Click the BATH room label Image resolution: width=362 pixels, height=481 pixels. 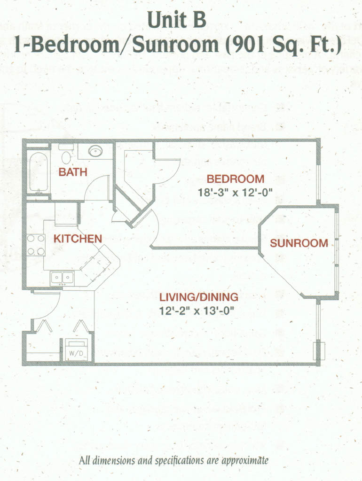(x=73, y=172)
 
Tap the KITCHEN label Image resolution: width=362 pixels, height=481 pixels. (x=78, y=239)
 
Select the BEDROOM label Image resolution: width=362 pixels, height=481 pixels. (x=235, y=179)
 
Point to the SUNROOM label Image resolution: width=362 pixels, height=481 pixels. (x=299, y=243)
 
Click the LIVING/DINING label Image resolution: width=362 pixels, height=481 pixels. (x=199, y=297)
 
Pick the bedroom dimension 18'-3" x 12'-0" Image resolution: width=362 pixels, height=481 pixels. (x=235, y=193)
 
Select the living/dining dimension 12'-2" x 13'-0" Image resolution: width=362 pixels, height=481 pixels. (x=197, y=311)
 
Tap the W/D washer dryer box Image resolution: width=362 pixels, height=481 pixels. (x=76, y=349)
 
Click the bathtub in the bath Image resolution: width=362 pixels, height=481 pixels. (x=39, y=172)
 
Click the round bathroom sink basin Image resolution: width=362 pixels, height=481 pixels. (x=95, y=151)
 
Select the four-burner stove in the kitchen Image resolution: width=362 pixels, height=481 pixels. (x=36, y=245)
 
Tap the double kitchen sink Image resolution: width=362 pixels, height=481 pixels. (x=63, y=278)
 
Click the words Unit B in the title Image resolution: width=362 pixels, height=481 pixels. (x=177, y=20)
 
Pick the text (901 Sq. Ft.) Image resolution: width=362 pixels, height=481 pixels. (x=283, y=45)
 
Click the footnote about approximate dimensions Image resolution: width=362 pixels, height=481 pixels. (x=174, y=460)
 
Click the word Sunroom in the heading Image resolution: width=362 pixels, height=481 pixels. (x=175, y=45)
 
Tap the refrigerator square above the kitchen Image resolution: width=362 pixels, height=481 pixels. (x=66, y=214)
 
